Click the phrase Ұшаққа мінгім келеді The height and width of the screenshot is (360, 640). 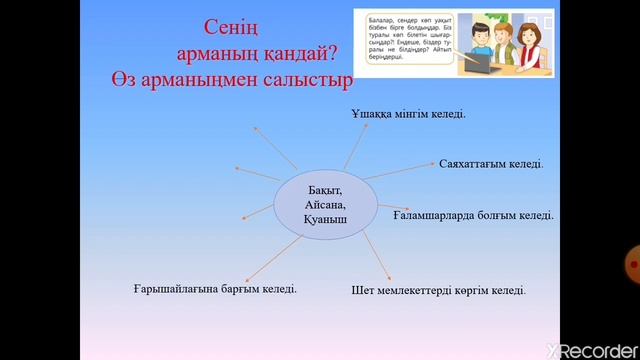click(408, 114)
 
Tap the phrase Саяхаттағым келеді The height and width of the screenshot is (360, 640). click(491, 163)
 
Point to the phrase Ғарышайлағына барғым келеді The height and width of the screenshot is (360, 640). click(215, 289)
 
